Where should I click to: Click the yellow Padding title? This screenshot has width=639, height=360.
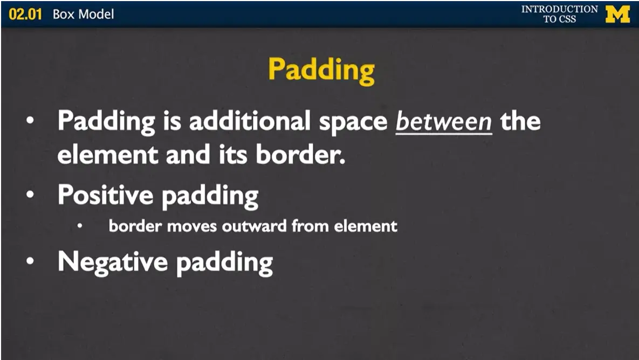[x=321, y=70]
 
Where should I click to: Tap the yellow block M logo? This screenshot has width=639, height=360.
[x=617, y=14]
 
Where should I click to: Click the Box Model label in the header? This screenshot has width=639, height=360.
[x=84, y=14]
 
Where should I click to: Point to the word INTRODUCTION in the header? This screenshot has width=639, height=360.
[x=559, y=9]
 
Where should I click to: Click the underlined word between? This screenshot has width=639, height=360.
[x=444, y=122]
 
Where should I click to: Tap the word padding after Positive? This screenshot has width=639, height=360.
[x=210, y=196]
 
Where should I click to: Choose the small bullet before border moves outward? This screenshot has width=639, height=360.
[x=80, y=225]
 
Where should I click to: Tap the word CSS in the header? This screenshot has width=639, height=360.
[x=568, y=19]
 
